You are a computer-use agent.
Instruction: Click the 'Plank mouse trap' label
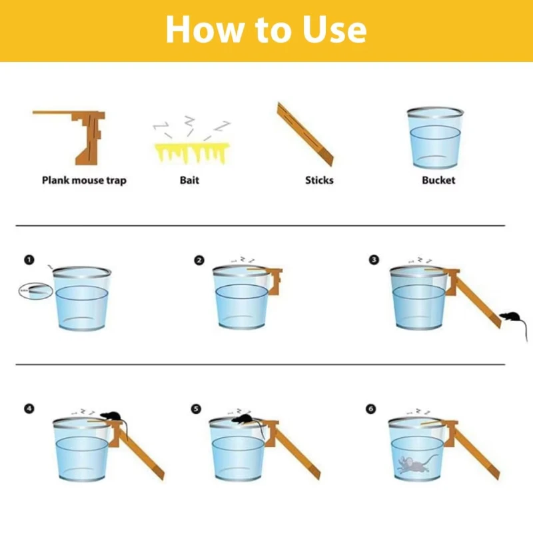point(84,180)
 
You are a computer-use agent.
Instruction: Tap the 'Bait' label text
point(189,180)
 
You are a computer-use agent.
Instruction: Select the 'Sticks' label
point(319,180)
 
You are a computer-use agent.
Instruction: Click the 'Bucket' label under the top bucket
point(438,180)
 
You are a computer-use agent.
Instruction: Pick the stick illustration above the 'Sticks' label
point(305,133)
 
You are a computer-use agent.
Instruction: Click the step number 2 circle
point(199,261)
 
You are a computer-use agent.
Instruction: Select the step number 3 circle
point(374,260)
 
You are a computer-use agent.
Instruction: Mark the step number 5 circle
point(196,408)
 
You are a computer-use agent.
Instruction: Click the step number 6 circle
point(370,408)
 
